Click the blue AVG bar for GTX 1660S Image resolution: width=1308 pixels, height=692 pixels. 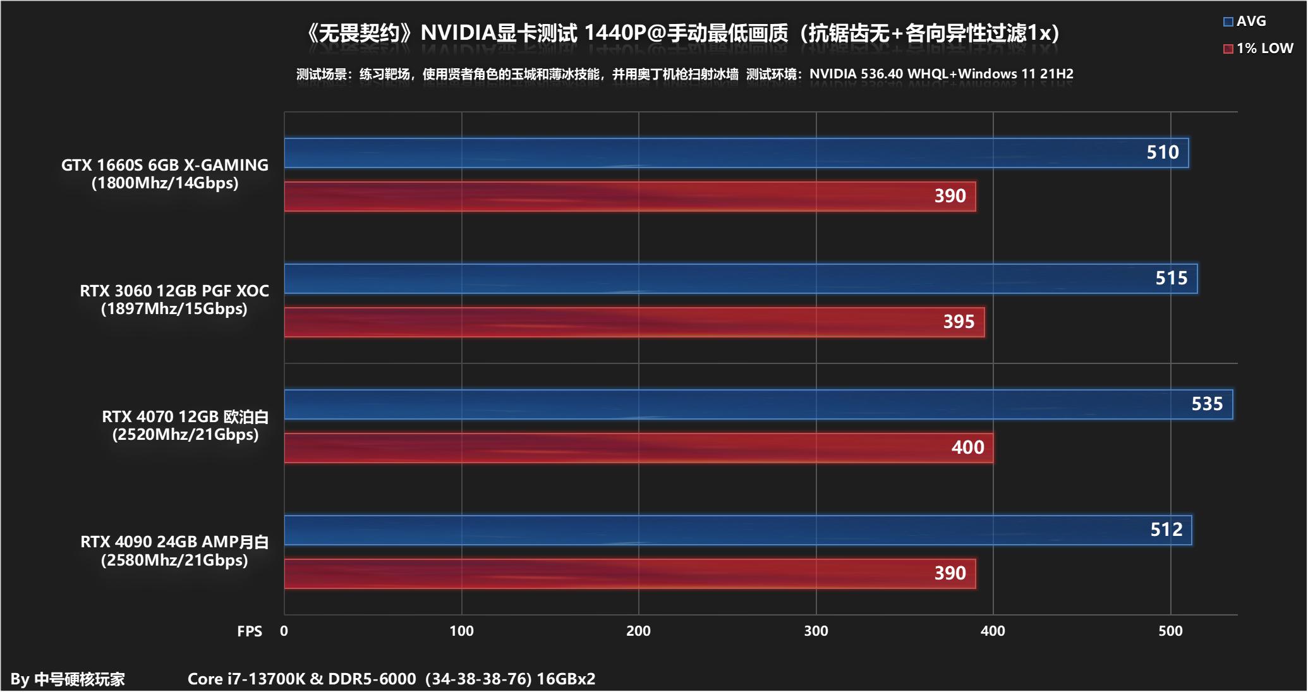[x=736, y=153]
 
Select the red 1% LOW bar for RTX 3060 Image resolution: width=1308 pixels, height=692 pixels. [x=634, y=322]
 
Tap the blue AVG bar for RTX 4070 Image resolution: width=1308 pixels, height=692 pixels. [x=758, y=404]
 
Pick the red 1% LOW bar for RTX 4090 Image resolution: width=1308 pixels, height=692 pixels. [x=629, y=574]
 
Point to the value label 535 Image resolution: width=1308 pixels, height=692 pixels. [x=1207, y=404]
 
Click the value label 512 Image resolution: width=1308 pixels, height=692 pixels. [x=1166, y=530]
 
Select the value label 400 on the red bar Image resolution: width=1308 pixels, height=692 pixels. [x=967, y=447]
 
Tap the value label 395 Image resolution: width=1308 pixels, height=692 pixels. [x=959, y=322]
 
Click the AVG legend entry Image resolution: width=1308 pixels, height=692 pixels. [x=1244, y=21]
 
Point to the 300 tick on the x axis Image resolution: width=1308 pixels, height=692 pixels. [x=816, y=631]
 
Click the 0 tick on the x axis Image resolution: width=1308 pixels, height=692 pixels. [x=284, y=631]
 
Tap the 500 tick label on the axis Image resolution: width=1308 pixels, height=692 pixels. [x=1170, y=631]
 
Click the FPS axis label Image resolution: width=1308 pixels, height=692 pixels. [x=250, y=631]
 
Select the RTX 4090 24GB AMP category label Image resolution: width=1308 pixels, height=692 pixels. [x=174, y=542]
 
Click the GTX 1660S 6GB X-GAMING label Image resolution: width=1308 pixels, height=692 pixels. [x=165, y=165]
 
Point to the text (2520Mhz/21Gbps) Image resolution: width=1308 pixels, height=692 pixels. [x=185, y=435]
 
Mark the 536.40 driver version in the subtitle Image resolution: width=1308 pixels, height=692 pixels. [x=881, y=74]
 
